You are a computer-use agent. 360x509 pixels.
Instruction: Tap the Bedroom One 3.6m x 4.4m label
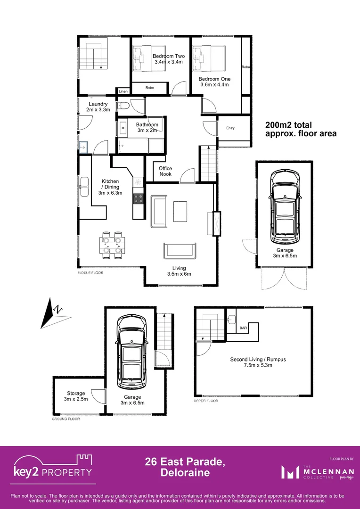[213, 82]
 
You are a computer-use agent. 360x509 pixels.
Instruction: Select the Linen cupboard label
[123, 91]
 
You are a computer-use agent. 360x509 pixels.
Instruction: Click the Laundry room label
[98, 107]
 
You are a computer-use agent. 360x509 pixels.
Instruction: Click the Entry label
[230, 128]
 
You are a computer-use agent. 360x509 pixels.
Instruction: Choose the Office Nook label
[165, 171]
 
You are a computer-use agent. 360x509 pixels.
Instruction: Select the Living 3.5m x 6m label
[179, 271]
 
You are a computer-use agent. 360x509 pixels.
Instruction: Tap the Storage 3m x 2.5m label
[76, 396]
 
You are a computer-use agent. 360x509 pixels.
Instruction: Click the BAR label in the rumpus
[243, 327]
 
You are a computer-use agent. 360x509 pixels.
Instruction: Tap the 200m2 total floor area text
[301, 129]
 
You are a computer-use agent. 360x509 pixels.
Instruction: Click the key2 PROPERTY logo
[53, 467]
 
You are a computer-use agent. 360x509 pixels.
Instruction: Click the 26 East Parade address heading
[185, 467]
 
